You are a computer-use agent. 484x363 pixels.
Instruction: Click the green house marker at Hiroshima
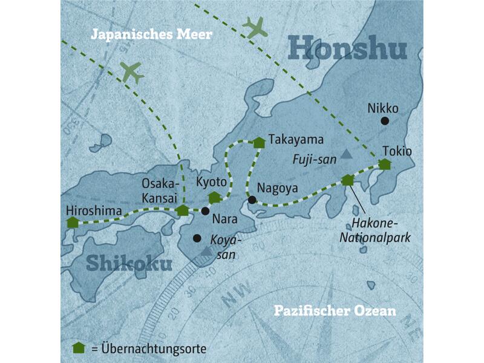pos(73,222)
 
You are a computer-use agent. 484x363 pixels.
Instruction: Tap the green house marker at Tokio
pos(385,163)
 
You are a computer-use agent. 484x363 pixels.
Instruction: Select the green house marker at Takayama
pos(259,142)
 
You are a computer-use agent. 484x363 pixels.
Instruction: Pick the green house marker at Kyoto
pos(214,197)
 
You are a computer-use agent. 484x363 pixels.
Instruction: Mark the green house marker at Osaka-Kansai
pos(182,210)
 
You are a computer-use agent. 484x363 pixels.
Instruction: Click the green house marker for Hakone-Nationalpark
pos(347,180)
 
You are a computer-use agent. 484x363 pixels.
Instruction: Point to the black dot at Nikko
pos(384,121)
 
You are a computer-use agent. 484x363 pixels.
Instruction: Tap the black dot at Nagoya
pos(252,200)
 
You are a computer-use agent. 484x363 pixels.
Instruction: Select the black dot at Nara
pos(205,211)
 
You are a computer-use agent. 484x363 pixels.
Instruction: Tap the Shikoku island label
pos(129,263)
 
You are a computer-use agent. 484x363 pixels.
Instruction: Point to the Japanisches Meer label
pos(151,34)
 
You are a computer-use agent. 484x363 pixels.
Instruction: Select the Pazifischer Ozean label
pos(335,311)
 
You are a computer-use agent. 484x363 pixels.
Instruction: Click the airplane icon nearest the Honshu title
pos(255,27)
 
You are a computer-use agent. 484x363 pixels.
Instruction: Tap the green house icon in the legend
pos(77,348)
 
